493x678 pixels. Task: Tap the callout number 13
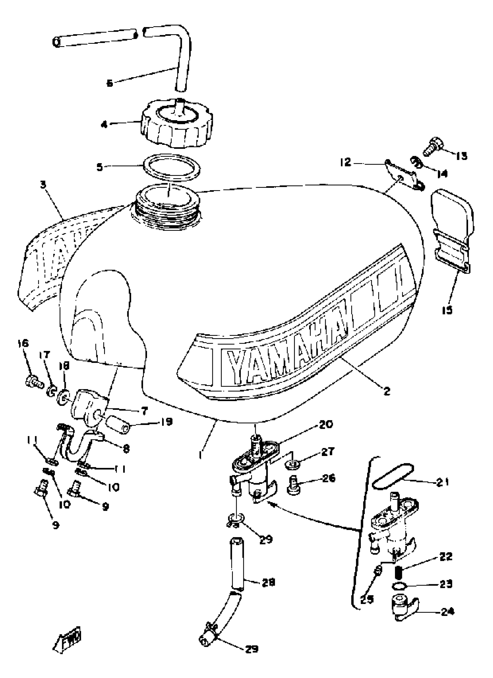461,156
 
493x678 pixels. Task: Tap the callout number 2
387,391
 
